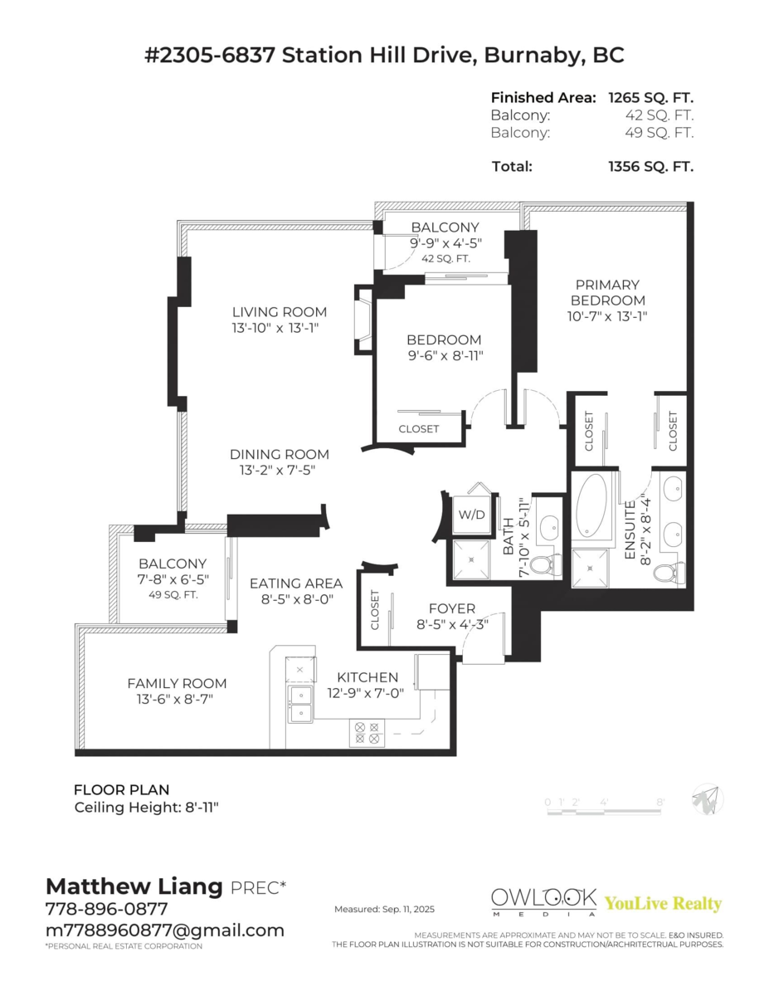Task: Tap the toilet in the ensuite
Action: click(669, 571)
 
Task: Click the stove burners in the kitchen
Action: click(367, 732)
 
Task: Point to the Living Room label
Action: click(279, 312)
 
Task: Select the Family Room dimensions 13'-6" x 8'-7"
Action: click(177, 699)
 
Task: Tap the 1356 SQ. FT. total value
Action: click(650, 166)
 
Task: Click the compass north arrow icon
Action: click(708, 800)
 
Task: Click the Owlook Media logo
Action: click(543, 901)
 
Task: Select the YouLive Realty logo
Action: click(663, 904)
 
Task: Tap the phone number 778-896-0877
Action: click(106, 909)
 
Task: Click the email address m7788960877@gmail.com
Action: click(164, 930)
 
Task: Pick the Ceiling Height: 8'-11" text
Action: click(146, 807)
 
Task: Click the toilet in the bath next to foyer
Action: click(542, 565)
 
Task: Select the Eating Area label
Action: click(296, 583)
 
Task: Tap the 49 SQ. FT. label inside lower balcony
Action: click(172, 595)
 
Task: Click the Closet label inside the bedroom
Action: click(419, 429)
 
